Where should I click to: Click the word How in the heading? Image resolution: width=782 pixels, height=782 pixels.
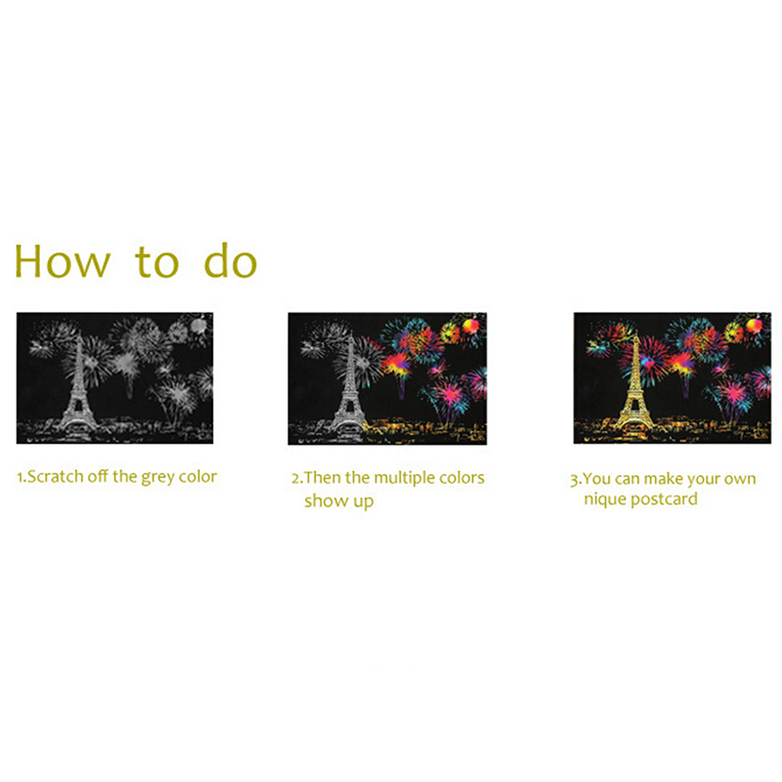pyautogui.click(x=62, y=261)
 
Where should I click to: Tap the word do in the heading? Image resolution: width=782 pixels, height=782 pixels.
pyautogui.click(x=231, y=260)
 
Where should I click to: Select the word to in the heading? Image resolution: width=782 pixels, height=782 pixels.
pyautogui.click(x=156, y=261)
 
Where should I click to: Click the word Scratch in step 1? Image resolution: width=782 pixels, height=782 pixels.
pyautogui.click(x=56, y=477)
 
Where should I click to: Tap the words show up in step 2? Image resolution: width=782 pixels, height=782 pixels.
pyautogui.click(x=338, y=501)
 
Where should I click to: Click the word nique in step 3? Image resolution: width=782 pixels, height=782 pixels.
pyautogui.click(x=605, y=500)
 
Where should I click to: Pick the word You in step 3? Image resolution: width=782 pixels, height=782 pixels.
pyautogui.click(x=596, y=479)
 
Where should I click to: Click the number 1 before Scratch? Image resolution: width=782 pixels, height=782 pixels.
pyautogui.click(x=20, y=477)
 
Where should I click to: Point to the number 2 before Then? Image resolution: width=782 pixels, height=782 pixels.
pyautogui.click(x=295, y=479)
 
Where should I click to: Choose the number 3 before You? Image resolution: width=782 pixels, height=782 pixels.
pyautogui.click(x=574, y=480)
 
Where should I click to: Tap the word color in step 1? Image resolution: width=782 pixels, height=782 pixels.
pyautogui.click(x=197, y=477)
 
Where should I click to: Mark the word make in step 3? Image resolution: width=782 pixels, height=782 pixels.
pyautogui.click(x=668, y=479)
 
